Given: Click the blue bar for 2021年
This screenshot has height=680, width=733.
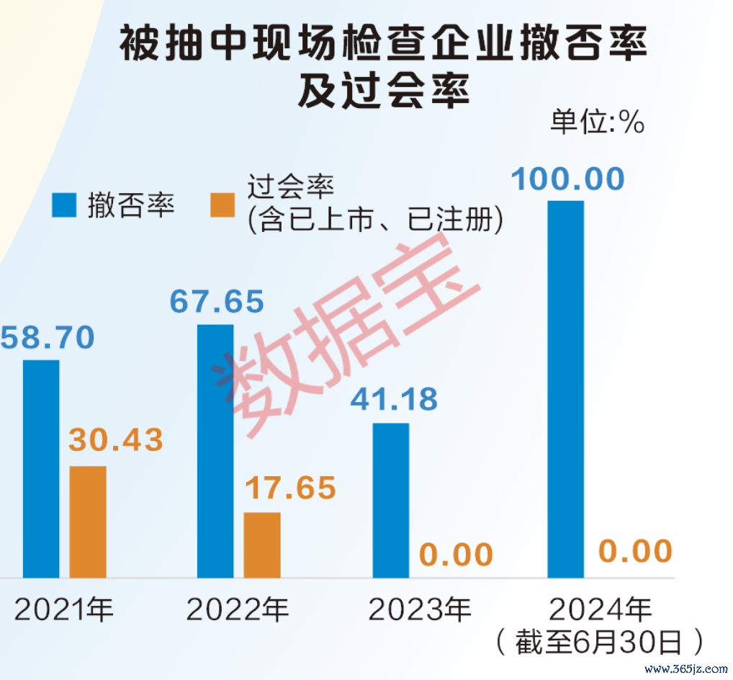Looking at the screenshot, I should pos(41,468).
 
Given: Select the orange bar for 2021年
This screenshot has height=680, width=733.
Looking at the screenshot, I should pos(88,522).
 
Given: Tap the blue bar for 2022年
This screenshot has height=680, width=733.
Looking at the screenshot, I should pos(216,451).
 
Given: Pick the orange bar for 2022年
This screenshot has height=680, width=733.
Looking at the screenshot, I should pos(262,545).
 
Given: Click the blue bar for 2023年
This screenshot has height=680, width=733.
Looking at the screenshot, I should pos(391,500).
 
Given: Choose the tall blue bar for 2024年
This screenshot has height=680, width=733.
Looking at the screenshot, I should pos(566,389).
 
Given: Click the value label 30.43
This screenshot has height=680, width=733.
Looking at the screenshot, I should pos(116,440).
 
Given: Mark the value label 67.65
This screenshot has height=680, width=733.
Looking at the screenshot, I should pos(217,301).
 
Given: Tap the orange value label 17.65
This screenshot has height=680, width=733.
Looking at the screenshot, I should pos(289,488).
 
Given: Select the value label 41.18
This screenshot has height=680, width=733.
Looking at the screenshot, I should pos(394,399).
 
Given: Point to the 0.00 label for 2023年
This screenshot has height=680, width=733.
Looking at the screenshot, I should pos(457,555).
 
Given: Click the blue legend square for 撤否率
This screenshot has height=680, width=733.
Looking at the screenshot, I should pos(63,206).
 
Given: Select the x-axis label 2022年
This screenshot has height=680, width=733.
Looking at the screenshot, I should pos(238,611).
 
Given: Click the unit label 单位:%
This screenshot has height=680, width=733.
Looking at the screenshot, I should pos(597,122).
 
